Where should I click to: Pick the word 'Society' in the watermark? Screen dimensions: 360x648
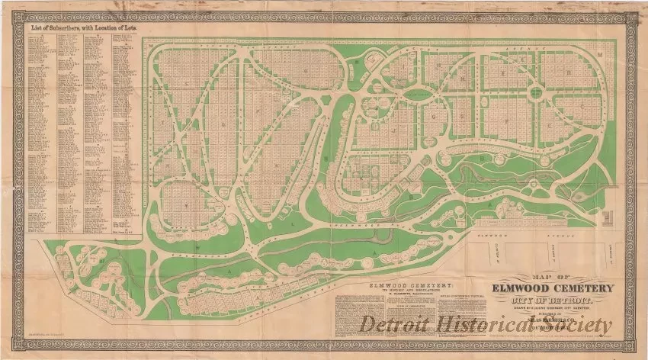click(x=584, y=326)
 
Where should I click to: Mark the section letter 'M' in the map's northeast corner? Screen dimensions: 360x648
click(x=599, y=55)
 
